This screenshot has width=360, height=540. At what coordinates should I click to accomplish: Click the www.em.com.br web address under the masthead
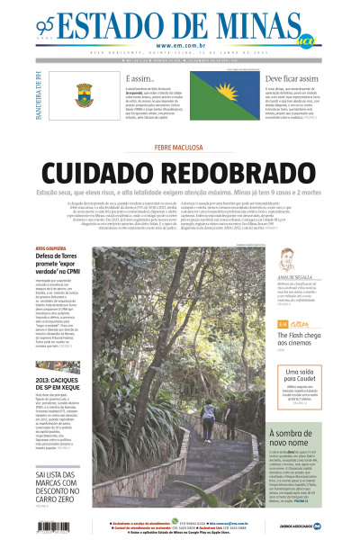coord(180,46)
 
